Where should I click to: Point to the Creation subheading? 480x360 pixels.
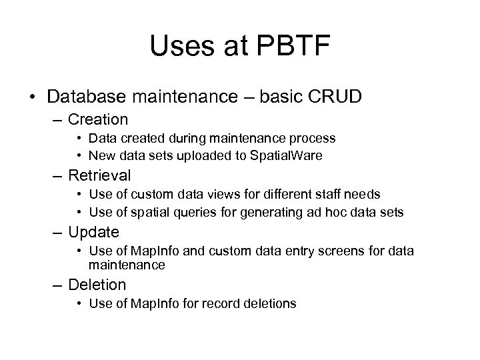click(x=98, y=120)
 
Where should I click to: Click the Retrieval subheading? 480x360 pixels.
click(x=100, y=176)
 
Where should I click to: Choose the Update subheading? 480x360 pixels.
click(x=94, y=232)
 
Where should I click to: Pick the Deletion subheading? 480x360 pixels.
click(x=97, y=285)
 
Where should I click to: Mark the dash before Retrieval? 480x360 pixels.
click(x=55, y=177)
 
